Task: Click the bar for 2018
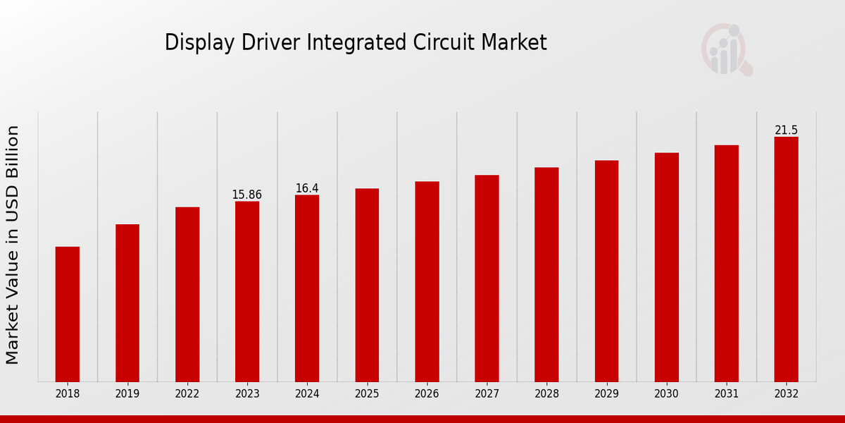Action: coord(68,314)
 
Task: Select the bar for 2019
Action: coord(127,303)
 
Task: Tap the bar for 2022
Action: coord(187,295)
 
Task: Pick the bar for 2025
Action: coord(367,286)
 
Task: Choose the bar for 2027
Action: coord(487,278)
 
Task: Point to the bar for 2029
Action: coord(606,271)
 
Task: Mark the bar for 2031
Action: coord(727,264)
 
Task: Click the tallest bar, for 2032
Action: coord(787,259)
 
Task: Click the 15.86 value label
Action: coord(247,195)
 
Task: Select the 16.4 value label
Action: coord(307,188)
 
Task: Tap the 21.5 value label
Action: coord(787,130)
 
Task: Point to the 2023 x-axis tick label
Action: coord(247,394)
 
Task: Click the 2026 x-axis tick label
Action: coord(427,394)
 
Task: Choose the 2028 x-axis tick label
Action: coord(546,394)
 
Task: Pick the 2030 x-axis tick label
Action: coord(667,394)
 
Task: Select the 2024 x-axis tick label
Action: coord(307,394)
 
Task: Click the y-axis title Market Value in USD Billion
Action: coord(13,245)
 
